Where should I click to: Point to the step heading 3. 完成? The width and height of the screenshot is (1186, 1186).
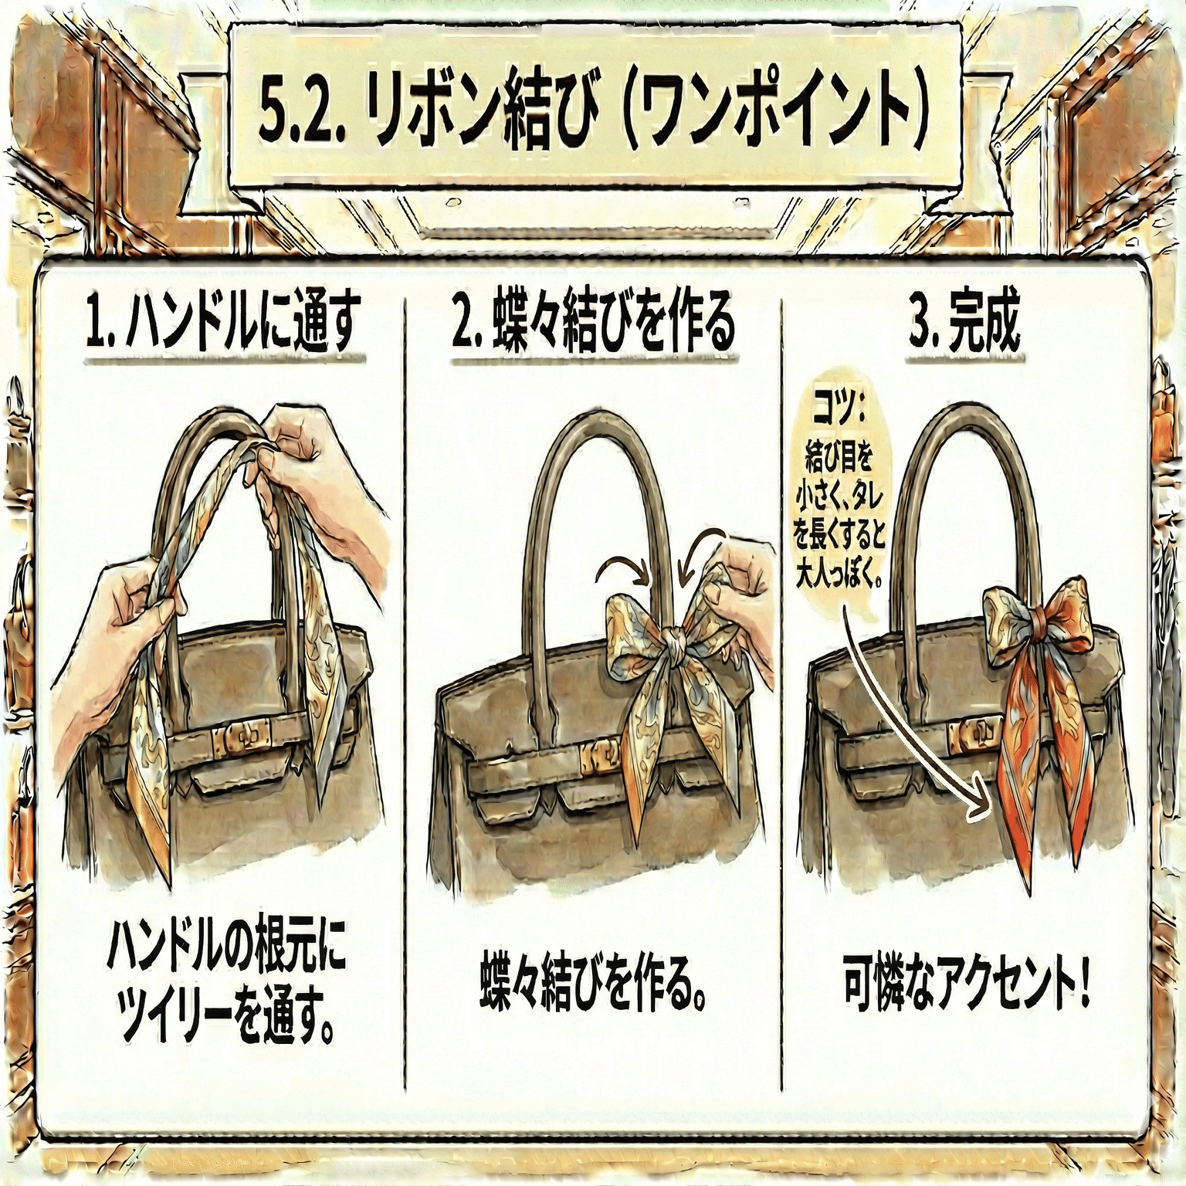[x=964, y=327]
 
